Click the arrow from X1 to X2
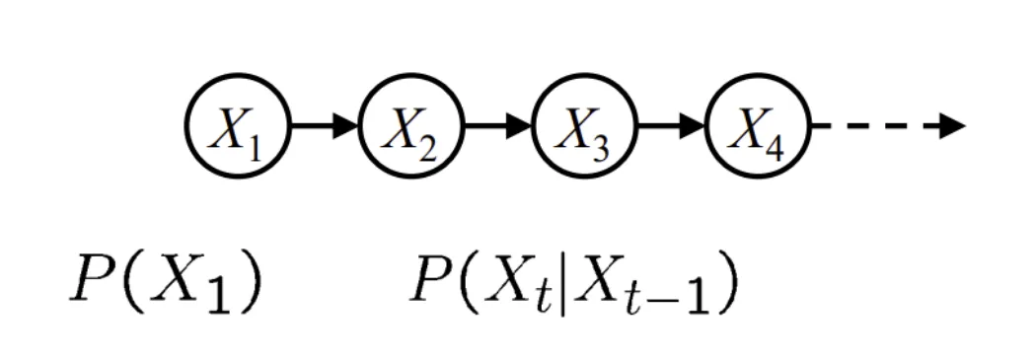tap(325, 125)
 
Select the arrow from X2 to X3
tap(498, 125)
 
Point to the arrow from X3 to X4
tap(671, 125)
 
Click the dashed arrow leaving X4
tap(889, 125)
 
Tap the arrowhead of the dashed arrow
tap(953, 125)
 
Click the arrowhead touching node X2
tap(345, 125)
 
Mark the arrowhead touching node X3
tap(519, 125)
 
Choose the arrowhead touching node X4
tap(693, 125)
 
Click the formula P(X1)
tap(166, 285)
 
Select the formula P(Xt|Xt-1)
tap(573, 287)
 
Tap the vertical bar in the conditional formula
tap(564, 287)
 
